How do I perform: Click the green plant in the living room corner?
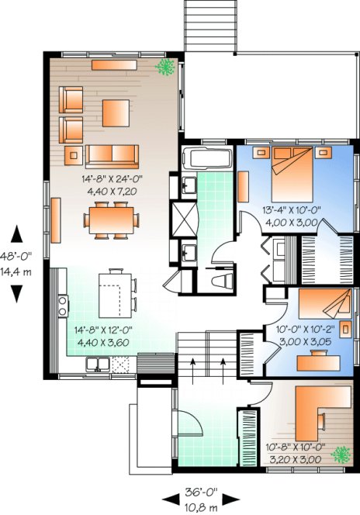click(164, 69)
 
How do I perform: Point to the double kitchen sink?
click(98, 362)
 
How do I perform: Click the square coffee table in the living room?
click(117, 109)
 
